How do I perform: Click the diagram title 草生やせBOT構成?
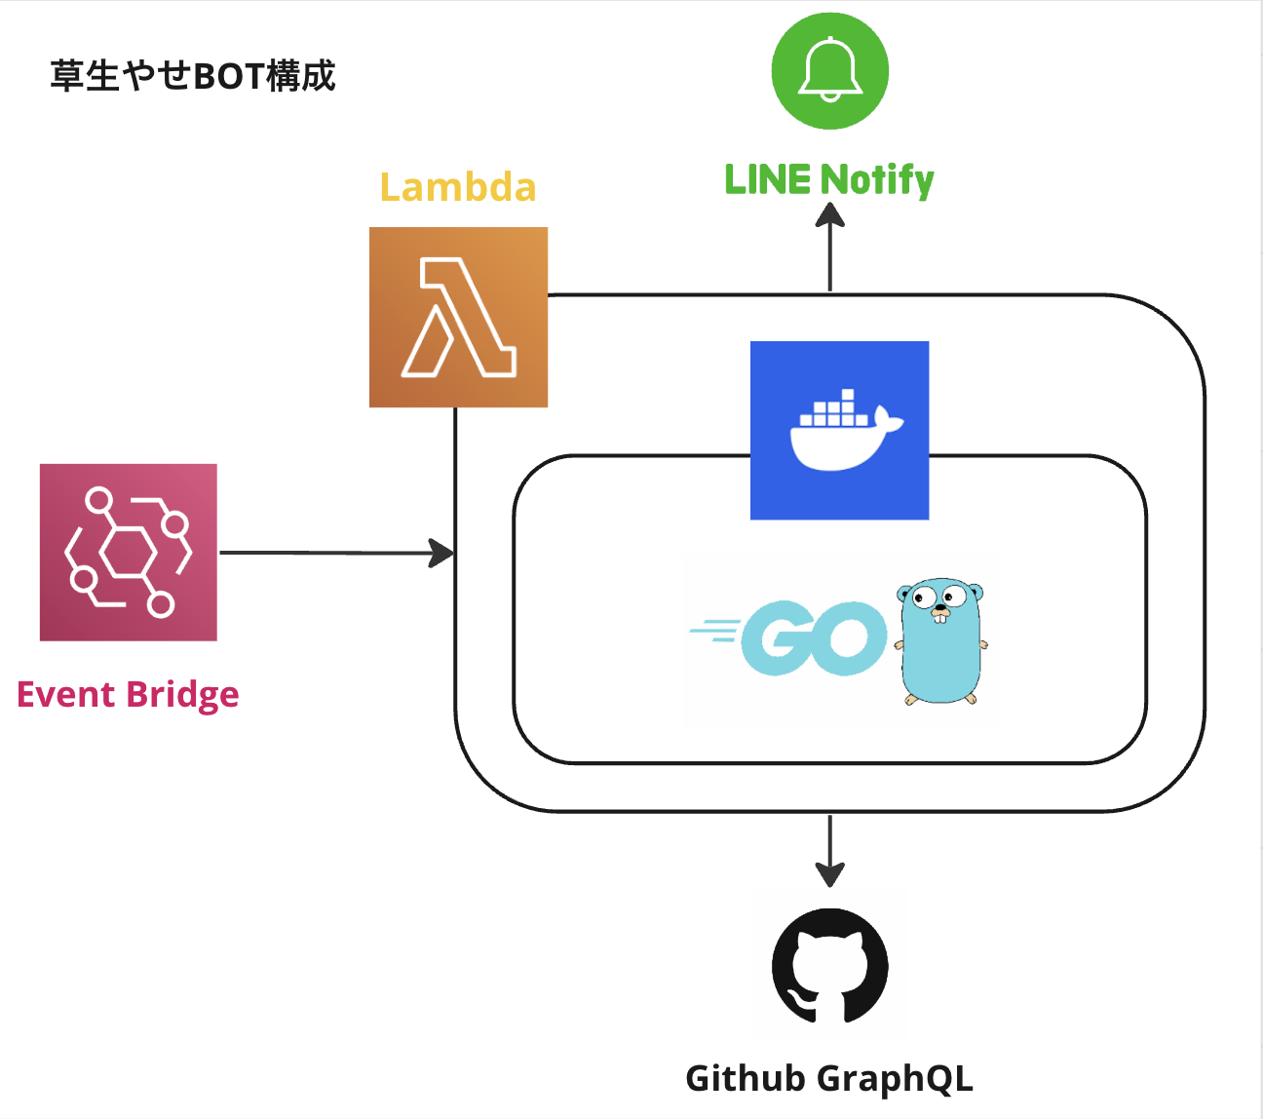[193, 76]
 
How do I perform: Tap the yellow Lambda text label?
[458, 187]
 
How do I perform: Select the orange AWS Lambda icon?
[458, 317]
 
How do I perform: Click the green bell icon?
[829, 70]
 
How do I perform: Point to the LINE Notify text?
[829, 180]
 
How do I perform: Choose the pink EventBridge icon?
[129, 552]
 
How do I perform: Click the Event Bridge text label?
[128, 694]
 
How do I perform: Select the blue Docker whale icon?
[839, 430]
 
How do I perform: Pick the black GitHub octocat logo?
[829, 966]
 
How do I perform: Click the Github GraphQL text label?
[829, 1078]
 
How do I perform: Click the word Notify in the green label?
[876, 180]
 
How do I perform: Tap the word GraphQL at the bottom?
[895, 1078]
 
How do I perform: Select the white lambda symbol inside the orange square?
[458, 317]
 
